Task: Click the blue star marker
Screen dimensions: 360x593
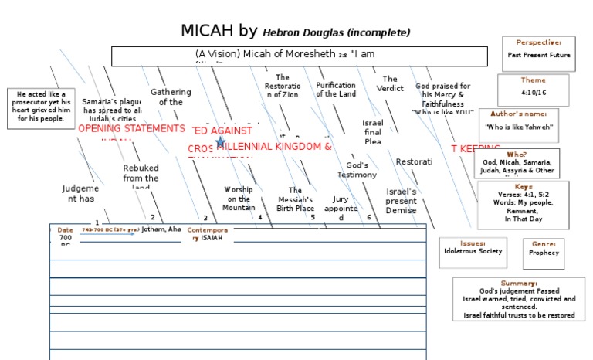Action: tap(221, 142)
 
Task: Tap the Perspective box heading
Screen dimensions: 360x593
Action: tap(538, 42)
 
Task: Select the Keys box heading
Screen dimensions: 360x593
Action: tap(524, 187)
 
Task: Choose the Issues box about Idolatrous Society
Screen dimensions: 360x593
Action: tap(473, 253)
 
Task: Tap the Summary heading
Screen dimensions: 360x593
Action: tap(518, 283)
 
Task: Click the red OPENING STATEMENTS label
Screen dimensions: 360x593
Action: tap(132, 128)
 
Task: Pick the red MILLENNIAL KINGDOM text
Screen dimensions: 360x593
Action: tap(274, 147)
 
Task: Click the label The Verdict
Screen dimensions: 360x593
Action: tap(390, 83)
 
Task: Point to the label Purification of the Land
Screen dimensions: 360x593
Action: tap(336, 90)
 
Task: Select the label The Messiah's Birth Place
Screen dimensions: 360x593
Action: tap(296, 199)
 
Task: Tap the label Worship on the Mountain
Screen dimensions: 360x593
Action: tap(239, 199)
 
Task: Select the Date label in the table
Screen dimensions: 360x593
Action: tap(65, 229)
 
